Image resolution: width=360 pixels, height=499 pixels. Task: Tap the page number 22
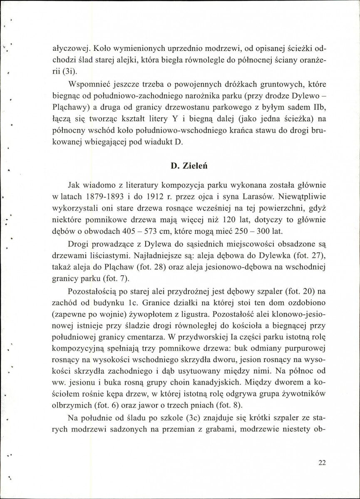321,463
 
